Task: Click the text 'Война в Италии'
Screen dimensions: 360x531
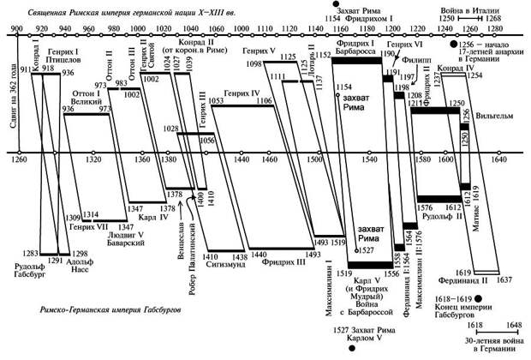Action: pos(461,8)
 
